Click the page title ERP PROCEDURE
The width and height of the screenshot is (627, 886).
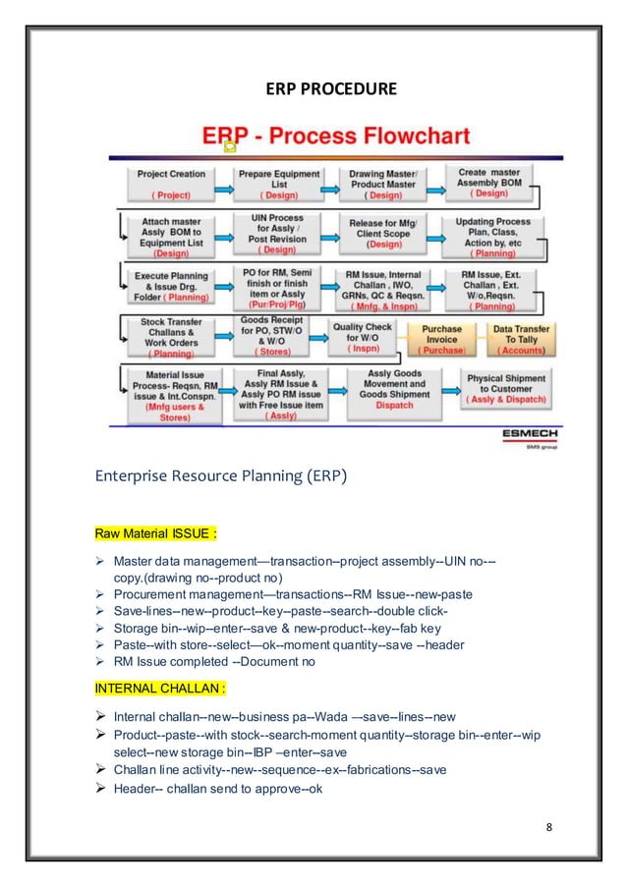331,90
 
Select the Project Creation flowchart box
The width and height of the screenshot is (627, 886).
171,184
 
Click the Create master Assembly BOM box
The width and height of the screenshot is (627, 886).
490,183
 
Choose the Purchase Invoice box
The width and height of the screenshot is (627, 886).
441,340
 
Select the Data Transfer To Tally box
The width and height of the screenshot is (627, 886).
523,340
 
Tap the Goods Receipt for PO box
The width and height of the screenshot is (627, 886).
268,335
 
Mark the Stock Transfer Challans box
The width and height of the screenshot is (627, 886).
172,337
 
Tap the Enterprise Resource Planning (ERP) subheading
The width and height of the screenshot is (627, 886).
221,479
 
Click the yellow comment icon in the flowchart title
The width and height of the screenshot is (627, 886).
230,146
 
